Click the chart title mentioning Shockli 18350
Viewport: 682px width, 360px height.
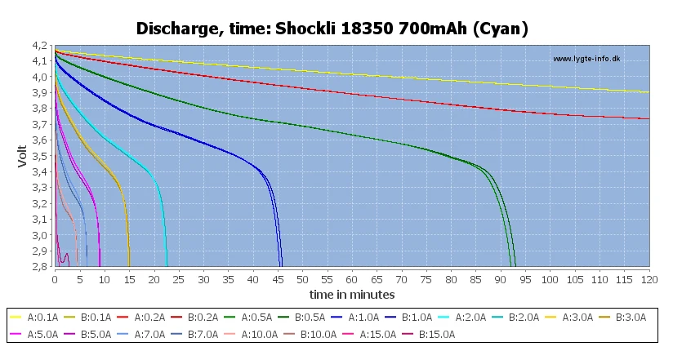coord(332,29)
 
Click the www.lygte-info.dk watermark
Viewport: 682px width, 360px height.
coord(586,59)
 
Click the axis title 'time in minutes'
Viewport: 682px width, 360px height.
coord(352,294)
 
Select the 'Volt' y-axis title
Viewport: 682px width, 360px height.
coord(23,155)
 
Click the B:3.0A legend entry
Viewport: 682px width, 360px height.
coord(618,318)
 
